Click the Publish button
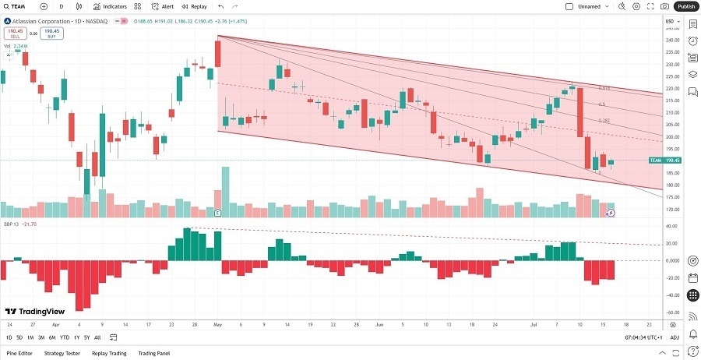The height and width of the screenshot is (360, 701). [x=685, y=6]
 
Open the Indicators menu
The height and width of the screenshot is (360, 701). [x=110, y=6]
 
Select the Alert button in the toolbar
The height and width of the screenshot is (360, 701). [x=162, y=6]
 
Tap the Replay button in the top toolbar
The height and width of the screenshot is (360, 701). [x=195, y=6]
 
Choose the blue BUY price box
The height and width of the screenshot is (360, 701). [x=51, y=34]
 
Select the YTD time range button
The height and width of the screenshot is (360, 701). [x=65, y=337]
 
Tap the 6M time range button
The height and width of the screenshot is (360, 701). [x=51, y=337]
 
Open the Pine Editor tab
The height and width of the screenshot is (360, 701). [x=19, y=353]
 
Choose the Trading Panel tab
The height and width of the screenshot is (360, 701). [x=153, y=353]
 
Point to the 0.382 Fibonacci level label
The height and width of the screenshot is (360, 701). [x=604, y=121]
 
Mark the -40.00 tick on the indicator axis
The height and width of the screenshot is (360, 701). [x=671, y=295]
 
